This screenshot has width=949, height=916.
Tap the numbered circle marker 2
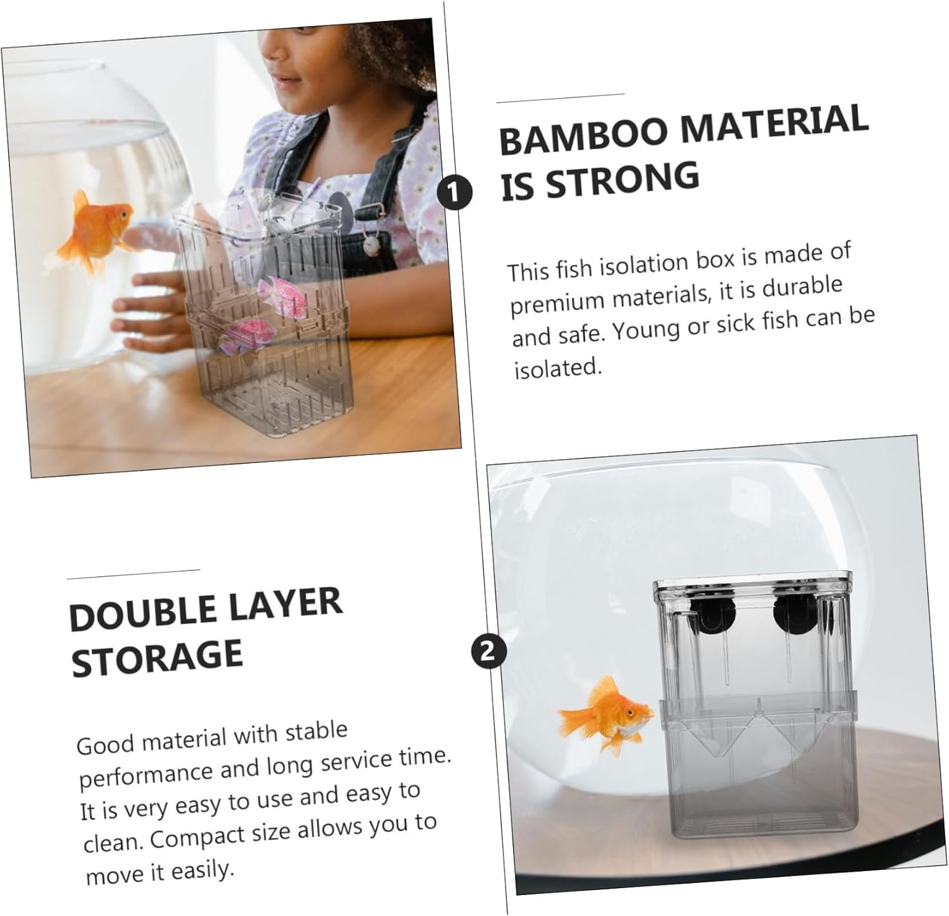(488, 650)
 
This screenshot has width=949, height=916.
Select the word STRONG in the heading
(623, 178)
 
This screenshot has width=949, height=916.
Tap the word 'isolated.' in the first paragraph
(557, 368)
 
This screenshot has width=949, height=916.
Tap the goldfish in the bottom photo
(605, 715)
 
